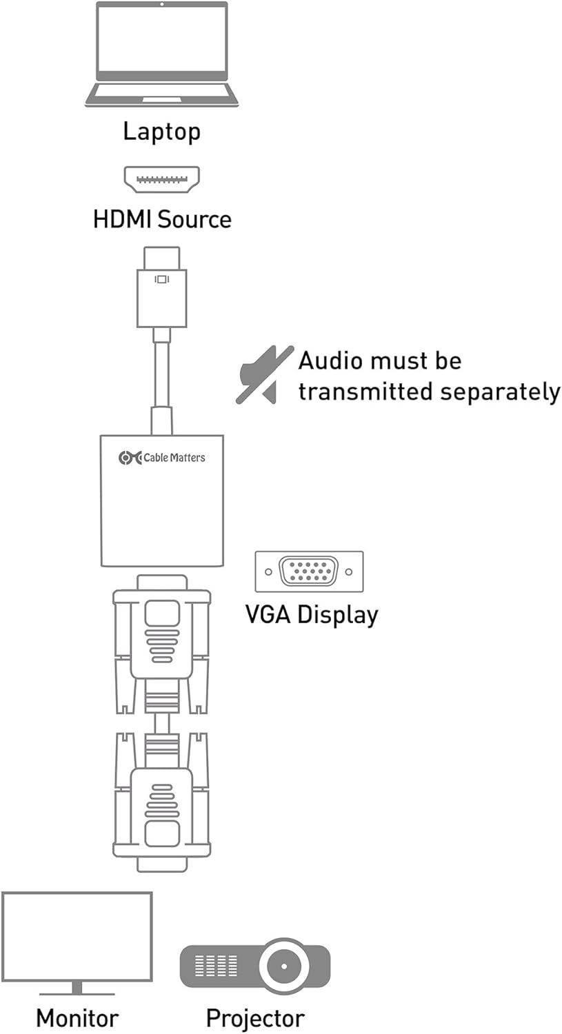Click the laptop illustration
point(161,54)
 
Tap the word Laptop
point(161,132)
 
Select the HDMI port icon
point(161,179)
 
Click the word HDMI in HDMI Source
point(121,219)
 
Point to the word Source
point(194,219)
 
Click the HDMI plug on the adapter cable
point(161,287)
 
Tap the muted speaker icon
point(265,375)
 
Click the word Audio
point(329,361)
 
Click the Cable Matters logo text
point(174,458)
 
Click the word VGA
point(268,614)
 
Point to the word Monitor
point(77,1018)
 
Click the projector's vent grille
point(216,966)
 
